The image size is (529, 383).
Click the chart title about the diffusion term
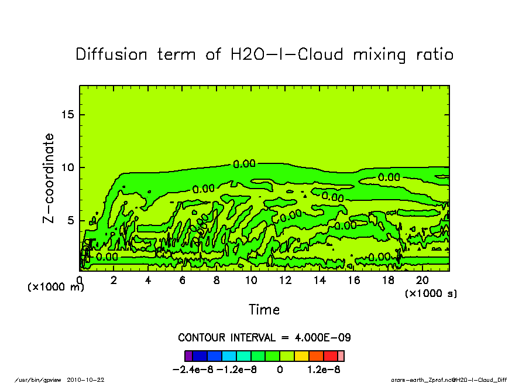264,54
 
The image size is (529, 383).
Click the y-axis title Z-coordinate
49,178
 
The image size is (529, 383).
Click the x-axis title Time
264,309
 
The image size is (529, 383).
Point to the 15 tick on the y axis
68,115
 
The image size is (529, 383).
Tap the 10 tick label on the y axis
68,167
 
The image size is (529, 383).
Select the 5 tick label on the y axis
71,221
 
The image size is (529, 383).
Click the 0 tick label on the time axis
80,280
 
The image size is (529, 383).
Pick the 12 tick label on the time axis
285,280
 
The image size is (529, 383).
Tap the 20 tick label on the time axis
422,280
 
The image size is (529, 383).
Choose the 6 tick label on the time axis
183,280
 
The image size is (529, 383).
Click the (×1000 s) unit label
431,293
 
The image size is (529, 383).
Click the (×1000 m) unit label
56,287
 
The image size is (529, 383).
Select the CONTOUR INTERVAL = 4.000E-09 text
264,338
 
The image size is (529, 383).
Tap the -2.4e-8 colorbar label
194,370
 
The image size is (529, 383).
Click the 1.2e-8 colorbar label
324,370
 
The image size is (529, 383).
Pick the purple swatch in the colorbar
188,355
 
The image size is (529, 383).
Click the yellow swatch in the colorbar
301,355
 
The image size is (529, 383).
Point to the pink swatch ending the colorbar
341,355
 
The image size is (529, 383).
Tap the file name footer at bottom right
448,379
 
